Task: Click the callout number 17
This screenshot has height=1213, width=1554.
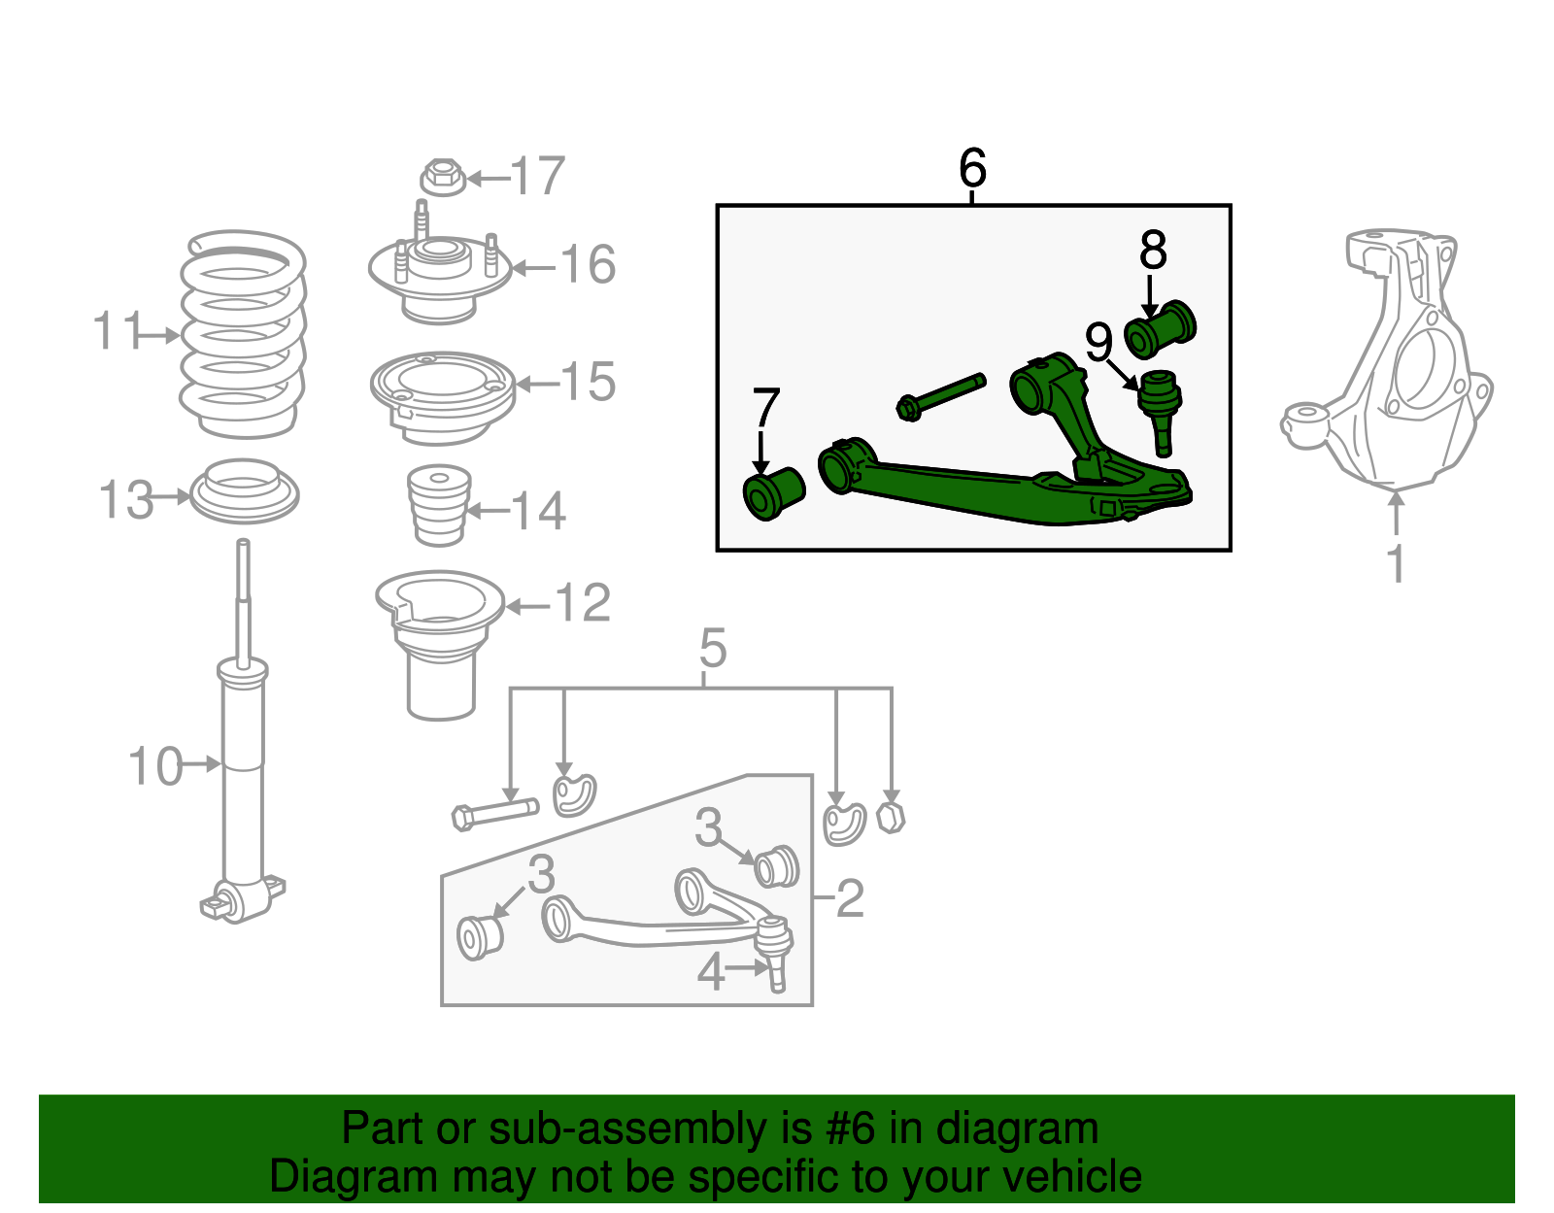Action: coord(537,177)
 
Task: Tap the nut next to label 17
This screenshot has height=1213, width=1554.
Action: coord(442,177)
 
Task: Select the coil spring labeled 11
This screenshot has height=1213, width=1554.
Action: coord(243,335)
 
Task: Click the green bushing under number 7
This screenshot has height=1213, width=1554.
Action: coord(773,493)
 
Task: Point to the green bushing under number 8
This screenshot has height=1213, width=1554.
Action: coord(1160,329)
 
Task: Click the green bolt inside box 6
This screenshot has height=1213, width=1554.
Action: coord(939,396)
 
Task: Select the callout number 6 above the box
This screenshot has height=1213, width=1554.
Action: coord(972,168)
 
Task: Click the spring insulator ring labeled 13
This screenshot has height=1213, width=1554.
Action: coord(244,492)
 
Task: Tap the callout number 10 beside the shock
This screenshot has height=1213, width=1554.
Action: coord(155,766)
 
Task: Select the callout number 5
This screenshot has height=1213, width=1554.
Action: coord(712,648)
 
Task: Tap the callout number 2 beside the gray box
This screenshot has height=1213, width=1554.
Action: coord(849,898)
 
